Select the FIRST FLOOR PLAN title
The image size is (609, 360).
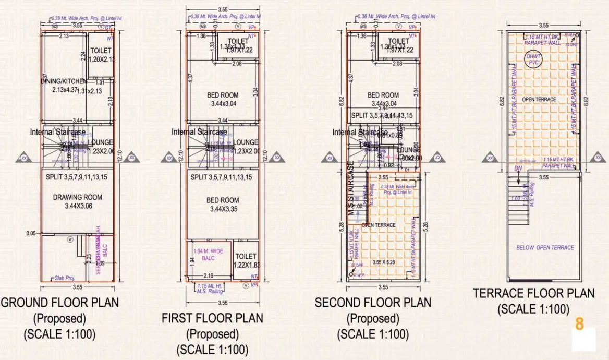tap(212, 318)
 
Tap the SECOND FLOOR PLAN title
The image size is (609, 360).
tap(373, 303)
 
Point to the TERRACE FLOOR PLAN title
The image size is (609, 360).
tap(533, 294)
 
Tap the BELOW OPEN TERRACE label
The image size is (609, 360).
tap(545, 247)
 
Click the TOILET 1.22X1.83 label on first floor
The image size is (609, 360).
tap(246, 260)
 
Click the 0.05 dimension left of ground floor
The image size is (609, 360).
tap(31, 233)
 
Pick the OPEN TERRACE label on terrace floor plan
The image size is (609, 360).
tap(540, 99)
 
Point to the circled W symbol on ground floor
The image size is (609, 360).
tap(69, 239)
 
